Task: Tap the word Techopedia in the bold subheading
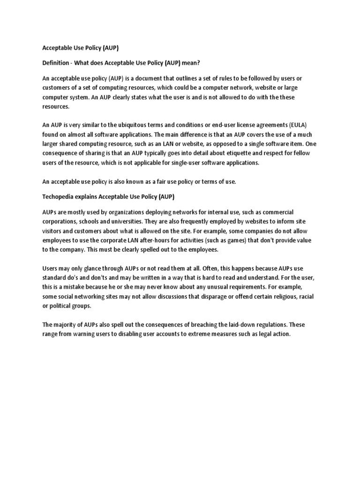(59, 195)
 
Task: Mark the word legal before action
(262, 335)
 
